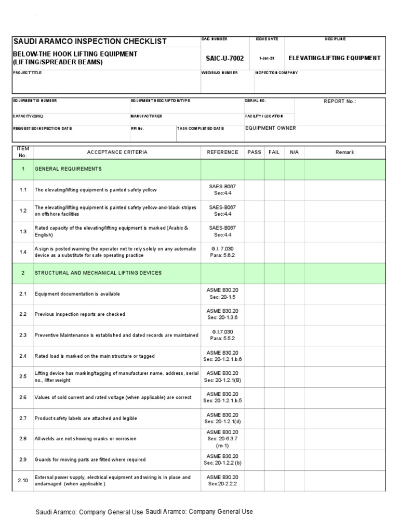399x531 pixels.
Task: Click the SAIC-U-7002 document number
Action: [224, 59]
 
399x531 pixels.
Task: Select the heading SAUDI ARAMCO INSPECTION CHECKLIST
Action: [90, 41]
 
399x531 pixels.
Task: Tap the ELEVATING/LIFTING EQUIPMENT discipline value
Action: [334, 58]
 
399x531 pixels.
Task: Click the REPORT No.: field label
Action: [340, 102]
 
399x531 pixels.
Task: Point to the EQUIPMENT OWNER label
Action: [270, 128]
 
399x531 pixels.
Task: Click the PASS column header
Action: [254, 152]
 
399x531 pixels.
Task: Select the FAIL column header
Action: [274, 152]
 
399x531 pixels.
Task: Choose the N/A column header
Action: [294, 152]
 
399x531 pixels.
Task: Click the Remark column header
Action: [344, 152]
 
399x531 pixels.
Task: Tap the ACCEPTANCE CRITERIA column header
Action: [117, 152]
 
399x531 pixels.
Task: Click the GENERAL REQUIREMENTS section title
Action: [68, 169]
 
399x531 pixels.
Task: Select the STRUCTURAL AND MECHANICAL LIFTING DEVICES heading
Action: [98, 273]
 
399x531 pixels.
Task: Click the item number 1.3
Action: [23, 231]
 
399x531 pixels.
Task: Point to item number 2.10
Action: [23, 481]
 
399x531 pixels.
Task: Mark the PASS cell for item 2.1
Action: [254, 294]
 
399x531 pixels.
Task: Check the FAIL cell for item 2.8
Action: [274, 439]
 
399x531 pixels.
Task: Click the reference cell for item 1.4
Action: [222, 252]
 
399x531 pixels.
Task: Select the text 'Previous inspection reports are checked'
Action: [79, 315]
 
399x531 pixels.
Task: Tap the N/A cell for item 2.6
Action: [294, 398]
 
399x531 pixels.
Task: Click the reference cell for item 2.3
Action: [222, 336]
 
